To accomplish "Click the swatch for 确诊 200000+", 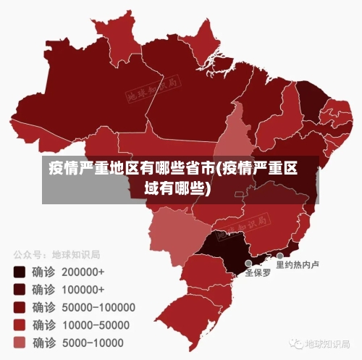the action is point(20,272).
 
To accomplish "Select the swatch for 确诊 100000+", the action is point(20,290).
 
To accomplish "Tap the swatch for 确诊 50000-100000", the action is point(20,307).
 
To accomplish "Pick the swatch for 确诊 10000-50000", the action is point(20,325).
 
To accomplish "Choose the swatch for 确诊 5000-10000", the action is point(20,342).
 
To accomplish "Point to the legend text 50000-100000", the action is point(98,307).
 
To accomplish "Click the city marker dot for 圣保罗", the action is point(248,264).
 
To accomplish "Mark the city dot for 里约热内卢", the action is point(279,256).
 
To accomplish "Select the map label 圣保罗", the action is point(258,273).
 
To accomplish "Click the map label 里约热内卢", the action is point(298,264).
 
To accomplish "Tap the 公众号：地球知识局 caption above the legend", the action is point(56,255).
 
